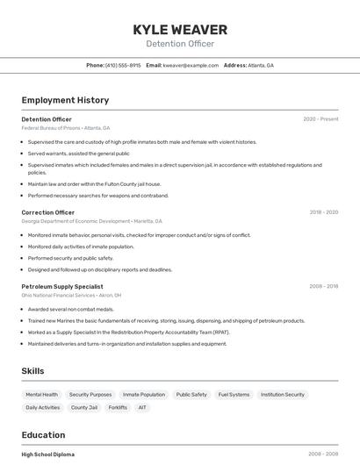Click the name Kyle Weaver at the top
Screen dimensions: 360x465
180,30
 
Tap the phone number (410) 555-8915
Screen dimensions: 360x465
122,65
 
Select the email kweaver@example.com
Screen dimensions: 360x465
191,65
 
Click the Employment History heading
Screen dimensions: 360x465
65,100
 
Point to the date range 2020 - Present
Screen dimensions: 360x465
320,119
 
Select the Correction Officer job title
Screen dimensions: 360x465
48,212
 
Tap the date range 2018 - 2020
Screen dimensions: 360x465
323,212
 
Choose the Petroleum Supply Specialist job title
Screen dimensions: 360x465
62,286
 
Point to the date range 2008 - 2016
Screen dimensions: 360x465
323,286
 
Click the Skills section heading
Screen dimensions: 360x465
32,371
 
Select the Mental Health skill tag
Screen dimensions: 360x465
42,395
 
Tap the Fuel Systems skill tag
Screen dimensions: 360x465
234,395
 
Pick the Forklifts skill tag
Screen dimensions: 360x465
118,407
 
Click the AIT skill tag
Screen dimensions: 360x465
142,407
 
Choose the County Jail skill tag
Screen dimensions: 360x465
84,407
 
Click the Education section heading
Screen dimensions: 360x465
43,435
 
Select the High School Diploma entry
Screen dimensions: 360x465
48,454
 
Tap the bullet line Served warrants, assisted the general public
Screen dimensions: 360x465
78,153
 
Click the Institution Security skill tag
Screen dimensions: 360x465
283,395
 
